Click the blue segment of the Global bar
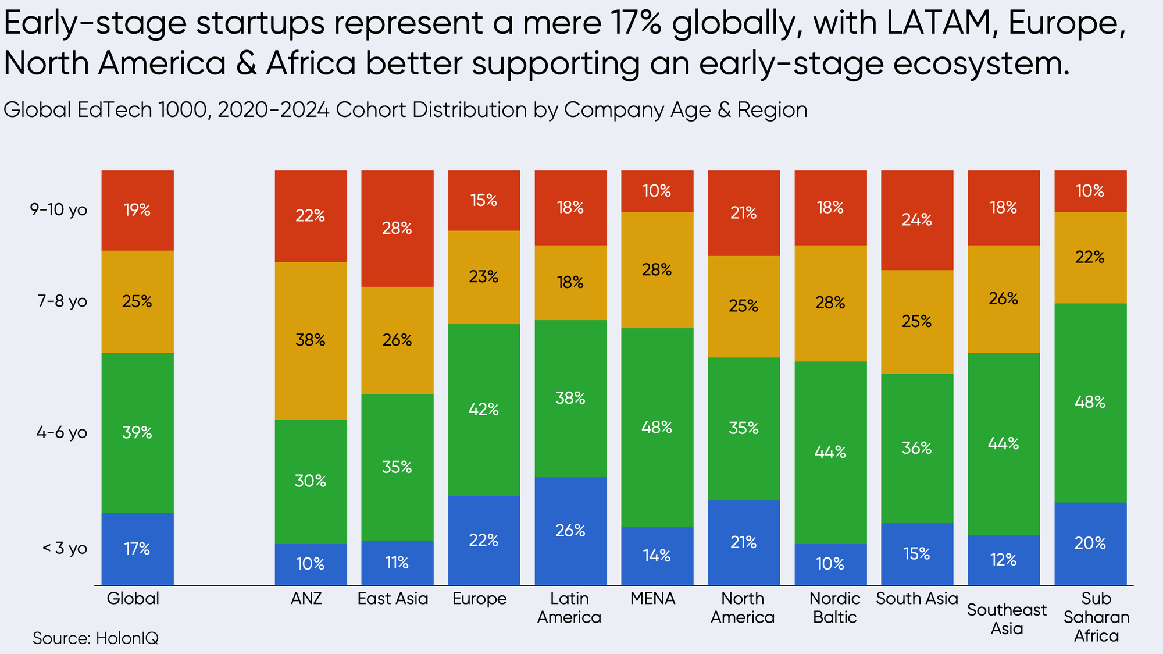point(137,549)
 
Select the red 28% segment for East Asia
point(397,228)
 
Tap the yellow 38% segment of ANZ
point(311,340)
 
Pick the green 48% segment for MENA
point(657,428)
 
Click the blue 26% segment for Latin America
point(570,531)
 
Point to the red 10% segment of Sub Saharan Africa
point(1090,191)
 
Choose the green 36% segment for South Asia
point(917,448)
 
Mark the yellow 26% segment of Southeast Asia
point(1004,298)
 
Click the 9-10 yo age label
point(59,209)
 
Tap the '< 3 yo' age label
point(64,549)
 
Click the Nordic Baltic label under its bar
point(834,607)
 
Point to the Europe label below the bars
point(480,599)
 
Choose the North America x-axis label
point(743,607)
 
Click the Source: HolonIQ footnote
point(95,638)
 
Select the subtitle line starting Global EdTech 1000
point(405,109)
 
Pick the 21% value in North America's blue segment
point(744,542)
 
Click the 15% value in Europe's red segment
point(484,200)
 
